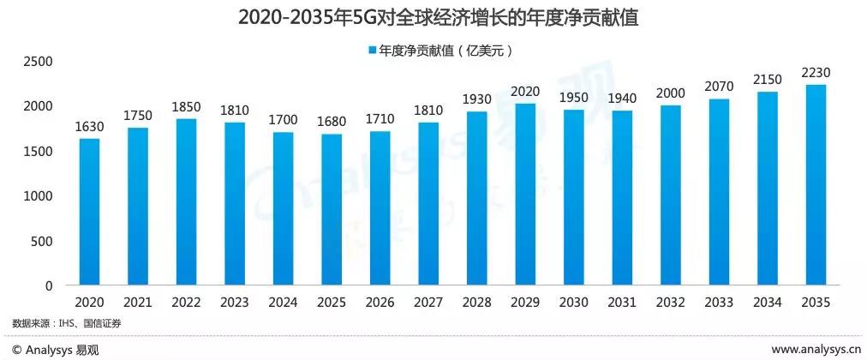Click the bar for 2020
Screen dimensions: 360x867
[x=90, y=212]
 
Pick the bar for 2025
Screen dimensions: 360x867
[x=332, y=210]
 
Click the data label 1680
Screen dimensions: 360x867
[x=332, y=122]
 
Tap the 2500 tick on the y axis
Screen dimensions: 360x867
[x=38, y=62]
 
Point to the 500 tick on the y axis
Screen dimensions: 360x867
[x=43, y=241]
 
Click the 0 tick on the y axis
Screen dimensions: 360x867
[x=50, y=285]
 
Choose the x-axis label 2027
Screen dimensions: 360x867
[x=428, y=303]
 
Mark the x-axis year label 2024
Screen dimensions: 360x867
[x=283, y=303]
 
